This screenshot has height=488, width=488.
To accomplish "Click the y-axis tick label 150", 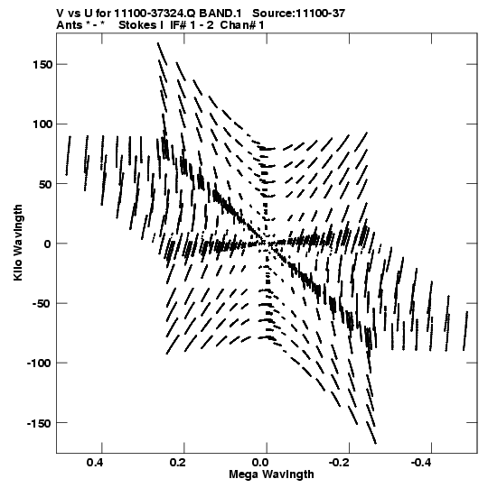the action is click(42, 65).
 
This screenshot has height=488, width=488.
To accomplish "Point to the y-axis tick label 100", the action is click(42, 124).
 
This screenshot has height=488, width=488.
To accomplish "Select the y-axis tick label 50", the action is click(45, 184).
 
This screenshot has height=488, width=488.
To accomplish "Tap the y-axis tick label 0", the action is click(48, 244).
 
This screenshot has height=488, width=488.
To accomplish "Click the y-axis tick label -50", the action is click(42, 303).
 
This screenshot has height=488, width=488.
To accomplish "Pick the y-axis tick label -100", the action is click(39, 364).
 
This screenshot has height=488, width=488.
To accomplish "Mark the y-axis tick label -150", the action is click(39, 423).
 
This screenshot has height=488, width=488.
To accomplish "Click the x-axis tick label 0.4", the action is click(96, 463).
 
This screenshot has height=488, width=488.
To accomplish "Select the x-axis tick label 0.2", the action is click(178, 463).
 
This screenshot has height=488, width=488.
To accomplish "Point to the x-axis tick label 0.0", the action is click(260, 463).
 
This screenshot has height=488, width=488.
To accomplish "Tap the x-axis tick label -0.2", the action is click(341, 463).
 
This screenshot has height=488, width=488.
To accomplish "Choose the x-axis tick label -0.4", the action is click(423, 463).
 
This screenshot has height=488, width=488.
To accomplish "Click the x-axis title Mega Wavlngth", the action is click(271, 474).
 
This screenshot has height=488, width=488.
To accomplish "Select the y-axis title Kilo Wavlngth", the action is click(18, 243).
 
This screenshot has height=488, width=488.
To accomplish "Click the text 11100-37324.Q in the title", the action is click(155, 14).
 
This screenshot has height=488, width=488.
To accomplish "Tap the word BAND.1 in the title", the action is click(221, 14).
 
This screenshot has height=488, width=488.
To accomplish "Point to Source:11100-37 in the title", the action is click(299, 14).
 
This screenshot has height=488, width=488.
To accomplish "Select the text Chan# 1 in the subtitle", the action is click(242, 25).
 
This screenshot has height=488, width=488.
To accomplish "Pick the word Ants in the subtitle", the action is click(70, 25).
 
